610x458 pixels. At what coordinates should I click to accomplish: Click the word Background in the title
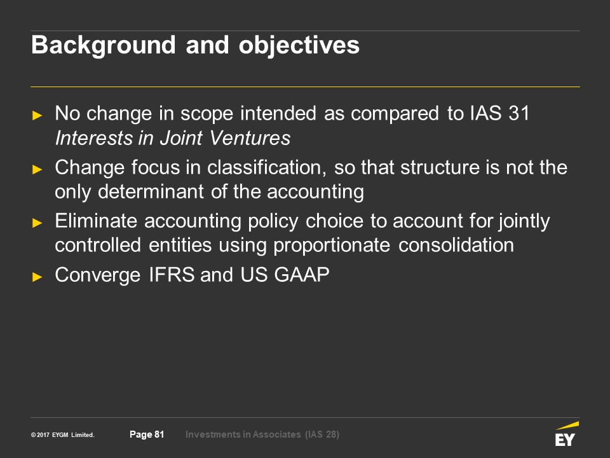[104, 46]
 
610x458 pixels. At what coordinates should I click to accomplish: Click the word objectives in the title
[299, 46]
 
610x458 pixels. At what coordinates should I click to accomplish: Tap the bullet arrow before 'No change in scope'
[37, 115]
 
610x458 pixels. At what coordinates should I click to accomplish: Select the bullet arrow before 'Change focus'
[37, 169]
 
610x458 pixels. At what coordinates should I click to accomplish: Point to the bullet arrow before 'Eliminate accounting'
[37, 223]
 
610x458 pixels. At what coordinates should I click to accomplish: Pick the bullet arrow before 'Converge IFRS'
[37, 277]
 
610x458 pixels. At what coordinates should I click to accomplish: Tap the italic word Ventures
[250, 138]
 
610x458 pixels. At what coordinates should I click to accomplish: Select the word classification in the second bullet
[266, 167]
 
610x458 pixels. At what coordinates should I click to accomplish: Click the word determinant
[151, 191]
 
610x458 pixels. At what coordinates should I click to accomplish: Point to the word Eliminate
[96, 221]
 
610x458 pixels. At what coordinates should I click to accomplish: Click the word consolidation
[456, 246]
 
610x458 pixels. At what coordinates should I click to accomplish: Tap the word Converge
[98, 275]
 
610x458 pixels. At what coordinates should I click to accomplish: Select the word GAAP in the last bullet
[301, 275]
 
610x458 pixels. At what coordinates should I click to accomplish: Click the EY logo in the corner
[566, 434]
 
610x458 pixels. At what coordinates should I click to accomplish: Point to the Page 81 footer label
[147, 434]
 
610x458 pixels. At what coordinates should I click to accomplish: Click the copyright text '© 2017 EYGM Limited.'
[63, 435]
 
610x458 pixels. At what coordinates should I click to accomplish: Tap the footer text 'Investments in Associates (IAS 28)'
[262, 434]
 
